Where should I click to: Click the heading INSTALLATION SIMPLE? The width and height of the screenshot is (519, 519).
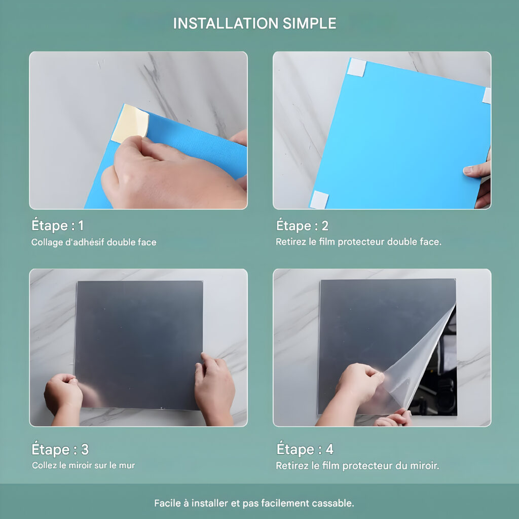click(x=254, y=23)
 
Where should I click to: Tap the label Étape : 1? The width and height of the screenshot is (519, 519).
click(x=58, y=226)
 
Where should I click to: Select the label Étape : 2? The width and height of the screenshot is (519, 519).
click(x=302, y=226)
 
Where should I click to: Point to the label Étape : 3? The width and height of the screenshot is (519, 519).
click(x=60, y=449)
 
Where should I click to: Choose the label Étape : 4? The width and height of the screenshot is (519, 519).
click(x=305, y=449)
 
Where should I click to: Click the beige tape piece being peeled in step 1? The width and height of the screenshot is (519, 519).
click(x=130, y=124)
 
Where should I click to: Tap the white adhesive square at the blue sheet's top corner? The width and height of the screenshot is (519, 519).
click(x=356, y=67)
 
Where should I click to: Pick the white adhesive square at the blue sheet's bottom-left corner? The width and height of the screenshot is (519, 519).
click(x=319, y=200)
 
